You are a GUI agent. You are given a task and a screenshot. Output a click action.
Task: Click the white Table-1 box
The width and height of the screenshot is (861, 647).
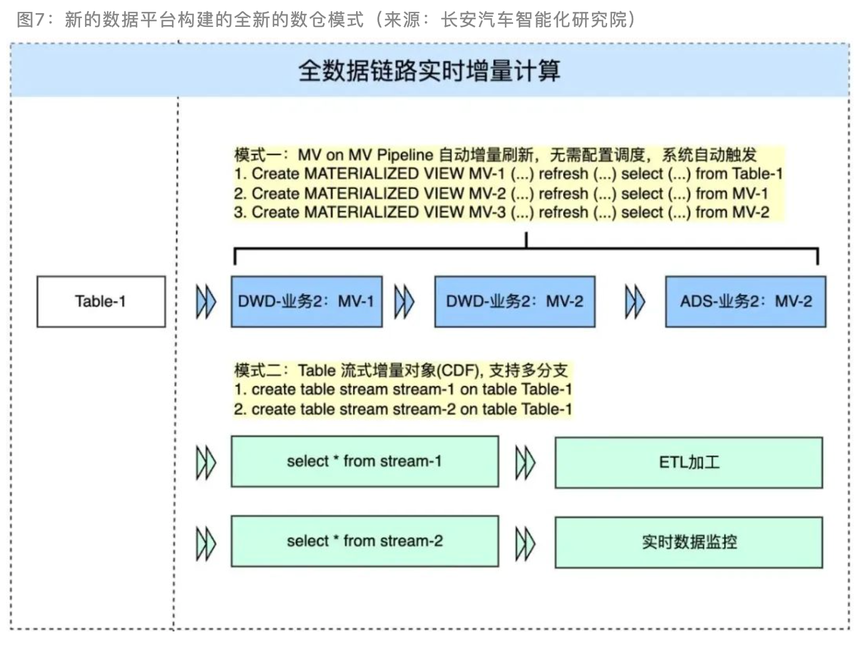point(101,302)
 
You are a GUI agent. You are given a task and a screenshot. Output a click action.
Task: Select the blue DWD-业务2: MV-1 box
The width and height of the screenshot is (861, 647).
point(307,302)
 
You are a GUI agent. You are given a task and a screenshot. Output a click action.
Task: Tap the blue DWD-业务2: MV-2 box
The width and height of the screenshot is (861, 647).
point(514,302)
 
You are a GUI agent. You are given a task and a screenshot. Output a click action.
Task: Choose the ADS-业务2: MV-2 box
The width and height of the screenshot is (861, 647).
point(745,302)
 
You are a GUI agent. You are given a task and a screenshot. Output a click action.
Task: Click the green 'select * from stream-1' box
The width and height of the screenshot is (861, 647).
point(365,462)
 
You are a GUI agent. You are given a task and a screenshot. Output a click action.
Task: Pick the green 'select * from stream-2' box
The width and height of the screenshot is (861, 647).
point(365,541)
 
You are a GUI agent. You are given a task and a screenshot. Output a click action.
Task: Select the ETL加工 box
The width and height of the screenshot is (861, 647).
point(688,462)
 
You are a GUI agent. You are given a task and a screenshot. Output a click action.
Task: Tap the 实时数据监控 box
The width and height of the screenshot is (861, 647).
point(688,542)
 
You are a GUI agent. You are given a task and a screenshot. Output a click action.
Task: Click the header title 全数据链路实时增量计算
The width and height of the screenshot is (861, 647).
point(429,71)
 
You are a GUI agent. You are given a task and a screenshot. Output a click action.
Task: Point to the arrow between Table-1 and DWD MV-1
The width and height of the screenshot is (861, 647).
point(206,302)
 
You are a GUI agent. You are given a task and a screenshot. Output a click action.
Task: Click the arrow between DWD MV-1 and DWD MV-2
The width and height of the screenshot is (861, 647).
point(404,302)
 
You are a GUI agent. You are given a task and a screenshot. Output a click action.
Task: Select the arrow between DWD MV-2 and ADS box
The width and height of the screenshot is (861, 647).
point(634,302)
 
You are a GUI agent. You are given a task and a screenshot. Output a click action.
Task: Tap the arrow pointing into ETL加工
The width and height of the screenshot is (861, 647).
point(525,463)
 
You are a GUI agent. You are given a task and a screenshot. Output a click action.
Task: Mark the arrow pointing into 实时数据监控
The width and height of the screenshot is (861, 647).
point(525,543)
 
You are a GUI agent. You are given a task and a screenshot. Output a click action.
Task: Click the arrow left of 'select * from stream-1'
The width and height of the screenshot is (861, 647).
point(206,463)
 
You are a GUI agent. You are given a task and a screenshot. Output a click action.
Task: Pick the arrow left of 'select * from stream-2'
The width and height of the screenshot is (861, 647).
point(206,543)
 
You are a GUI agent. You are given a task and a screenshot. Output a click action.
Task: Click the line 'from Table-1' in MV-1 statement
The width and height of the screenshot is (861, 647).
point(738,173)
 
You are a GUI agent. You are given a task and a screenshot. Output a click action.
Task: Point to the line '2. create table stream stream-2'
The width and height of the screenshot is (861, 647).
point(402,409)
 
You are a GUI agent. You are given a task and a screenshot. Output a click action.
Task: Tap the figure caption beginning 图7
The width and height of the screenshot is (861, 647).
point(325,19)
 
